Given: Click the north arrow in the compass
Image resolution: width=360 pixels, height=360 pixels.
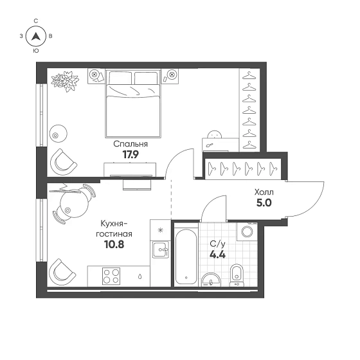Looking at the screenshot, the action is tap(35, 36).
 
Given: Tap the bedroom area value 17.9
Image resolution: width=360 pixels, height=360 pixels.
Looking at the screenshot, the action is tap(130, 155).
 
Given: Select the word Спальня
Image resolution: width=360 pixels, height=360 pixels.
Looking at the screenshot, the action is tap(130, 144).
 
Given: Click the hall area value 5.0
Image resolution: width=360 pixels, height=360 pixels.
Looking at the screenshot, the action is tap(264, 203).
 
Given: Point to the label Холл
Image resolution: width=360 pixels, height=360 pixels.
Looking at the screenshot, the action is tap(264, 192).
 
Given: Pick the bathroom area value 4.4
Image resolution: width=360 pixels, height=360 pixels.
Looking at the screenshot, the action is tap(218, 255).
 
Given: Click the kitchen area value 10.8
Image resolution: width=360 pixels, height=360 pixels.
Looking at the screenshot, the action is tap(114, 245).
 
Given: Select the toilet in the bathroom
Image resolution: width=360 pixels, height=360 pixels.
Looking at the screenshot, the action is tap(237, 276).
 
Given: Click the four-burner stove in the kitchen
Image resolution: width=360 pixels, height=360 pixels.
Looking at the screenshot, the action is tap(111, 276).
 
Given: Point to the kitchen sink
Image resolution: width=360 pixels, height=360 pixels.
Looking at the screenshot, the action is tap(161, 249).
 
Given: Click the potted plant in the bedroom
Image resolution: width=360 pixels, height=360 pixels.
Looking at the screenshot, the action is tap(65, 81).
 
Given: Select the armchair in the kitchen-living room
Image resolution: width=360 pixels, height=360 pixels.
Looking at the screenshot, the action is tap(62, 272).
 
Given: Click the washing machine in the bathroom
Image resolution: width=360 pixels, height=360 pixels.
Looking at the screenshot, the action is tap(247, 231).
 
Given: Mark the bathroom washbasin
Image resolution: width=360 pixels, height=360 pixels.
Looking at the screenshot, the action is tap(211, 280).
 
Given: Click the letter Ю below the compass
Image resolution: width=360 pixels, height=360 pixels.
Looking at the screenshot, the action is tap(36, 51).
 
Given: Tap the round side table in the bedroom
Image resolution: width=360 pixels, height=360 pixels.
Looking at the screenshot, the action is tap(59, 134).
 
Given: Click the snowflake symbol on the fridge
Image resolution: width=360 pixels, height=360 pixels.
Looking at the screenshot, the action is tap(160, 230).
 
